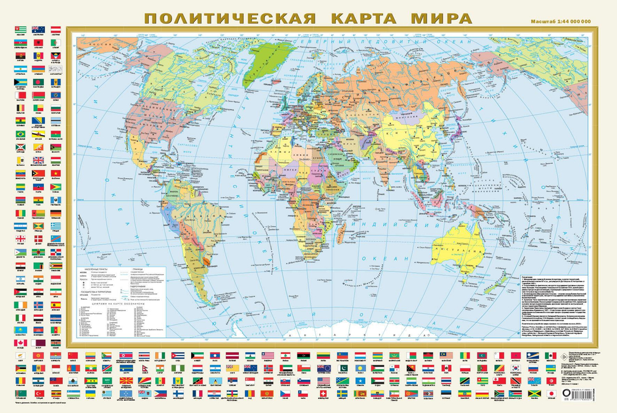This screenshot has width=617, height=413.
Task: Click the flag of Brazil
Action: [20, 134]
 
